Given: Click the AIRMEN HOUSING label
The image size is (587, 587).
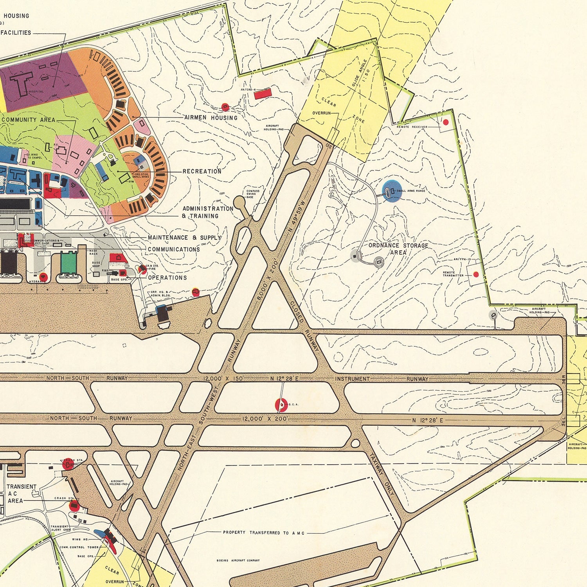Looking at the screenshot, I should [x=210, y=117].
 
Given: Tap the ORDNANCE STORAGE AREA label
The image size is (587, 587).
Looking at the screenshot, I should [x=398, y=248].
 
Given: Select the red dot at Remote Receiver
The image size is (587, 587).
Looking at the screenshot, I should [x=445, y=122].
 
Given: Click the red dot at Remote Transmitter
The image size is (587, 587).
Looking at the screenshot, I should [x=476, y=275].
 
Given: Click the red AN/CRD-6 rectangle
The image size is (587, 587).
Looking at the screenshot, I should [x=263, y=94].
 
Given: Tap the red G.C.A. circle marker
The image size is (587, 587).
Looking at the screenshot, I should [x=281, y=405].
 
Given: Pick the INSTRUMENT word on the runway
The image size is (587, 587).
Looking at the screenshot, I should [x=352, y=379].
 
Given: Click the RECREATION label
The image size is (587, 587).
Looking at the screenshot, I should [x=202, y=171].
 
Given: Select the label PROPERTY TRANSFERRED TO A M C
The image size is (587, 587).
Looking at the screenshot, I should [x=263, y=533].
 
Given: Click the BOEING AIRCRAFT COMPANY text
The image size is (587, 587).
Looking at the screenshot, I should [x=238, y=560].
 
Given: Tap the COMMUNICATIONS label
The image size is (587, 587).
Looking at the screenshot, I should [x=173, y=249].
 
